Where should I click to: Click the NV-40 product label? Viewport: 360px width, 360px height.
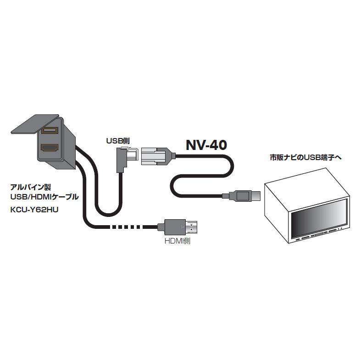[x=206, y=144]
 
